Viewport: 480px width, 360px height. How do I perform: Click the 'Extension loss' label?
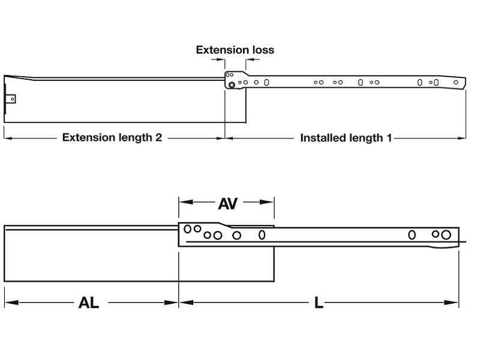coord(235,50)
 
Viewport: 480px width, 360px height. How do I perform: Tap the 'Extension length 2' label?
coord(112,137)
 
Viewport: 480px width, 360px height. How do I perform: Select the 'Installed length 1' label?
coord(346,137)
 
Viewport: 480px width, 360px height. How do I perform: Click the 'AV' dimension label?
coord(227,203)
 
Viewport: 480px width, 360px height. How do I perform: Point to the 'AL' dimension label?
coord(89,302)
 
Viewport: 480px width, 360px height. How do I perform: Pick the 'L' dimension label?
coord(319,302)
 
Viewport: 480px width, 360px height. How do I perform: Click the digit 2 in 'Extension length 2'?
coord(158,137)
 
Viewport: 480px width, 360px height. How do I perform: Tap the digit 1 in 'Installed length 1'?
coord(388,137)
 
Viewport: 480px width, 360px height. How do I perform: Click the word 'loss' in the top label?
coord(262,50)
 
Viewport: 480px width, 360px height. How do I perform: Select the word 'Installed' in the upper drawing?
coord(323,137)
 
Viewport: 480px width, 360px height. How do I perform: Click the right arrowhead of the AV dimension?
coord(271,203)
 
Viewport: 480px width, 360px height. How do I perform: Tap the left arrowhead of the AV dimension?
coord(182,203)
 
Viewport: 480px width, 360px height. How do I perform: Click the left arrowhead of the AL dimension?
coord(8,302)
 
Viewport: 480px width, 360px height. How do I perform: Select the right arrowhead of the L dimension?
coord(455,302)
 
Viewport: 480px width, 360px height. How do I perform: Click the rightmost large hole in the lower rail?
coord(446,235)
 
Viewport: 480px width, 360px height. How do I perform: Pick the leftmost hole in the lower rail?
coord(188,229)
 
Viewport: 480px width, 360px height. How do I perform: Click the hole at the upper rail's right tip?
coord(456,82)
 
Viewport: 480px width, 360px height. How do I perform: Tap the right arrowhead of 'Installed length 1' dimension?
coord(463,138)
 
